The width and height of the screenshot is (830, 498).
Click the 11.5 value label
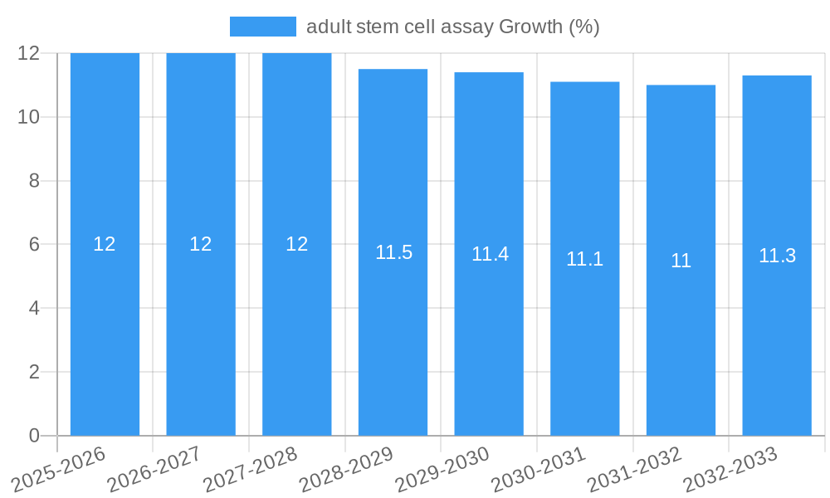pyautogui.click(x=393, y=252)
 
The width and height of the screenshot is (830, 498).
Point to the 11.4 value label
pyautogui.click(x=490, y=254)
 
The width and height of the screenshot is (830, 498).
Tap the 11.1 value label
pyautogui.click(x=584, y=259)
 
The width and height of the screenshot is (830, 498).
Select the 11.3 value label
pyautogui.click(x=777, y=256)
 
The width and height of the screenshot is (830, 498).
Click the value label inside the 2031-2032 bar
pyautogui.click(x=681, y=261)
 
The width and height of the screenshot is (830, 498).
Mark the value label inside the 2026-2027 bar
pyautogui.click(x=201, y=244)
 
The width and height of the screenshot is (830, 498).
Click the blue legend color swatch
pyautogui.click(x=262, y=27)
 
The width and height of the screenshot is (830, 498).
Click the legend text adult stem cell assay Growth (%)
pyautogui.click(x=452, y=27)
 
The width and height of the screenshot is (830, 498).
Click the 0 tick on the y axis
pyautogui.click(x=34, y=436)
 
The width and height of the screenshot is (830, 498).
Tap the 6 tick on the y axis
pyautogui.click(x=34, y=245)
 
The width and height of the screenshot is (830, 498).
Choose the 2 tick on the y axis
pyautogui.click(x=34, y=372)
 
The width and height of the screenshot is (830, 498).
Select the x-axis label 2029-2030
pyautogui.click(x=442, y=469)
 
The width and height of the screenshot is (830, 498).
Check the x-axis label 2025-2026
pyautogui.click(x=59, y=469)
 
